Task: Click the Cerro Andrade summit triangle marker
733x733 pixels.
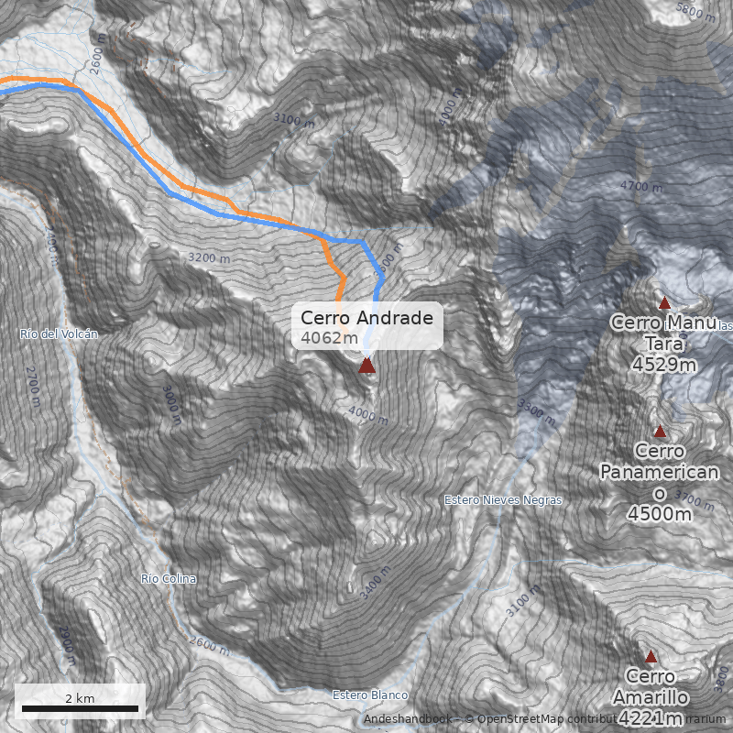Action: tap(366, 366)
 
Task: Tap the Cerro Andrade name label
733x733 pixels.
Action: tap(366, 318)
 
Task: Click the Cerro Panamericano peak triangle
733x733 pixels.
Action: tap(659, 431)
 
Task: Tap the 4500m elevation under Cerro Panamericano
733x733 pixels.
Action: tap(659, 514)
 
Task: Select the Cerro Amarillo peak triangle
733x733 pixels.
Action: tap(651, 656)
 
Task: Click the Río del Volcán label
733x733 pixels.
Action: tap(59, 334)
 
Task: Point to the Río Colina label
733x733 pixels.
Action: tap(169, 579)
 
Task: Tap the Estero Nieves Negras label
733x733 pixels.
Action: tap(503, 500)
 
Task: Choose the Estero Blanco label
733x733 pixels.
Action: tap(370, 695)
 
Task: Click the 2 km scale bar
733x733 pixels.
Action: tap(80, 708)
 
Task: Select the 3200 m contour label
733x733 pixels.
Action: tap(209, 258)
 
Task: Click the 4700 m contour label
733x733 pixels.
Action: tap(640, 187)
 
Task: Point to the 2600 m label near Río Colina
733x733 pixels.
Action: tap(211, 646)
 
